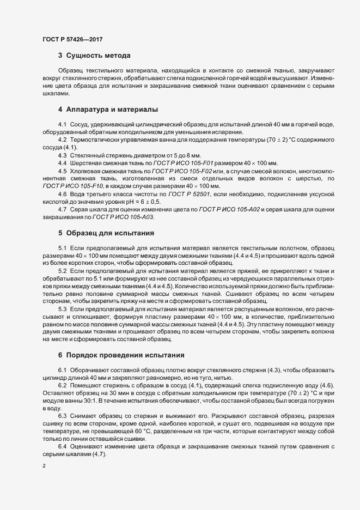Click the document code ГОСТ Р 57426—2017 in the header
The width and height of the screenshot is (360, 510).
(x=72, y=40)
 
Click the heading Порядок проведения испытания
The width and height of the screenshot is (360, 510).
(x=125, y=354)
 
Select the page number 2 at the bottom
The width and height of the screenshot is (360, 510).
(x=44, y=466)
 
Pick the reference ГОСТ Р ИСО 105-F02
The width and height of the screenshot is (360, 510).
(x=178, y=171)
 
